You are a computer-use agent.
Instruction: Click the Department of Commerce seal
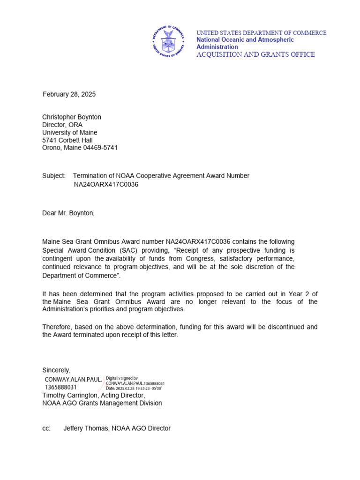(168, 41)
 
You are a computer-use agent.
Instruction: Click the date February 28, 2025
(69, 94)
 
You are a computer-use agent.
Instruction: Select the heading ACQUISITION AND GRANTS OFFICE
(255, 54)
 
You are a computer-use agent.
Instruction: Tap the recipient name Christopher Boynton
(72, 117)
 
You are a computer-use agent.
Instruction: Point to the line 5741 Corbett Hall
(67, 140)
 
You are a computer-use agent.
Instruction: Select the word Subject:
(54, 176)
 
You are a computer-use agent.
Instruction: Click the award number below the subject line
(106, 184)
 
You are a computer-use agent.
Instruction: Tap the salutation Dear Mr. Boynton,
(68, 213)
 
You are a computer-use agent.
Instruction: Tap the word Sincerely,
(57, 370)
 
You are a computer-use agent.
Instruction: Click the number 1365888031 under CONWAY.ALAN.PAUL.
(60, 387)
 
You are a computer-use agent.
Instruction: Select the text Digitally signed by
(122, 378)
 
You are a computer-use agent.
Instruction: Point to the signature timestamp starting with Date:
(134, 389)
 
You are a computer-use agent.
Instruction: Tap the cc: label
(46, 428)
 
